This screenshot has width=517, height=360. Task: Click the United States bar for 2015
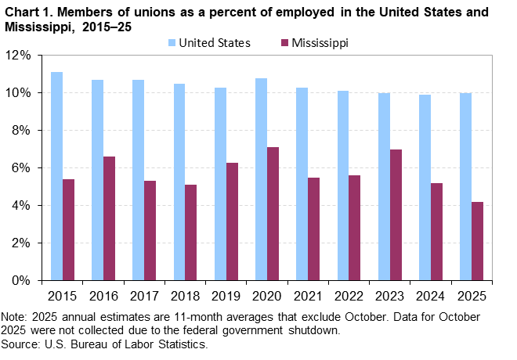tap(56, 176)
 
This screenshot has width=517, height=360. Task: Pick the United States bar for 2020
tap(261, 179)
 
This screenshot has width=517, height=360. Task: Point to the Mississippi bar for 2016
tap(109, 218)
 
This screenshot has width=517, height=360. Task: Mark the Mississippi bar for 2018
tap(191, 232)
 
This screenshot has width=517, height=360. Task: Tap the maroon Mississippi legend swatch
tap(283, 43)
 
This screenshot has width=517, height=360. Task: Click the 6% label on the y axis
tap(21, 168)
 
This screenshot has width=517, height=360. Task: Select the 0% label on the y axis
tap(21, 280)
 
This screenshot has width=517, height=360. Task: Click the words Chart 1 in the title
tap(27, 13)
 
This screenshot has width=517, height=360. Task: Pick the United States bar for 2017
tap(138, 180)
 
